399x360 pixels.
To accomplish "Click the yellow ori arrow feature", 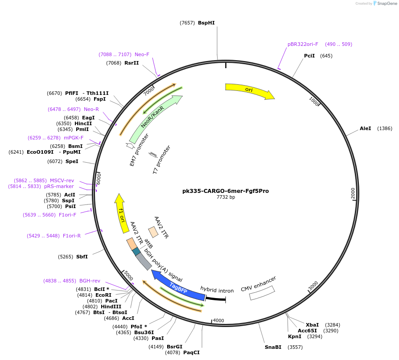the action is tap(249, 90).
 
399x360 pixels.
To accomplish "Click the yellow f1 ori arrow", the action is tap(121, 214).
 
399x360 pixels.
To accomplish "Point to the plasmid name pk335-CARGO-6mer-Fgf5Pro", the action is tap(226, 191).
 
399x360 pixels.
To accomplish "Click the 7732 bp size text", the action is tap(226, 197).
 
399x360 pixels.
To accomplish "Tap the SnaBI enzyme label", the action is tap(273, 347).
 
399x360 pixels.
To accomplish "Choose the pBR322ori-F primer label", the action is tap(303, 44).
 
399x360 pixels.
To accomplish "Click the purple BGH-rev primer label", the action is tap(90, 281).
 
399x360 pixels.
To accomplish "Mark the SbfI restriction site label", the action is tap(82, 257).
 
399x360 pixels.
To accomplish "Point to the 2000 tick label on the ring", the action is tap(353, 193).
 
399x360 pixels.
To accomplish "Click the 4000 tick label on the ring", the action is tap(218, 320).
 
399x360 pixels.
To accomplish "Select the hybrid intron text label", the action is tap(217, 290).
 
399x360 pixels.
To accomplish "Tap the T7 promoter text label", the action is tap(161, 159).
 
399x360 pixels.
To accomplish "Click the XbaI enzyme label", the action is tap(312, 324).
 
